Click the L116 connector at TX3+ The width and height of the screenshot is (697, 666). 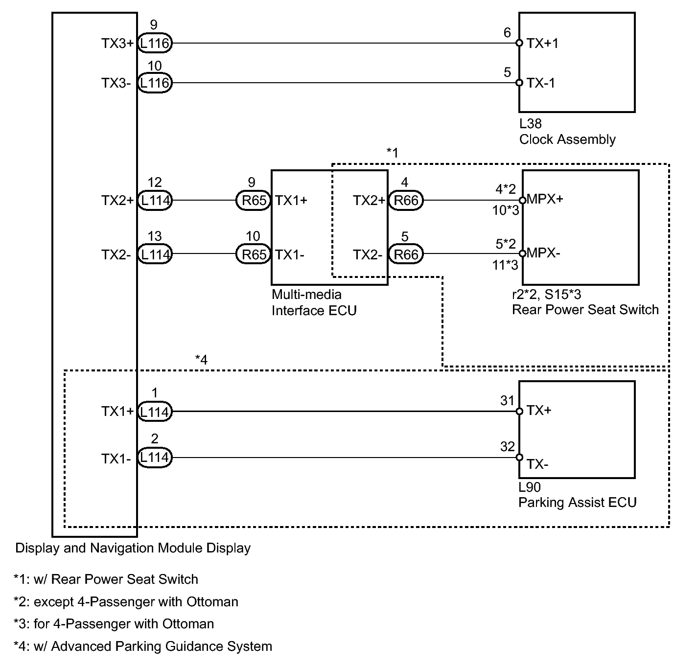point(155,43)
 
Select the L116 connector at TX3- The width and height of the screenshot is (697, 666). point(155,83)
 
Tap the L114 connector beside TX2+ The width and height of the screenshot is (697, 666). point(155,200)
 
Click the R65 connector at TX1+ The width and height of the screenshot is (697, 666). point(253,200)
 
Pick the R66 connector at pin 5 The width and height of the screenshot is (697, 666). point(406,254)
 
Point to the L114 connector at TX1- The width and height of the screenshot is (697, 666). point(155,457)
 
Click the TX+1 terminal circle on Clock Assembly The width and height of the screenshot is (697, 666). point(519,43)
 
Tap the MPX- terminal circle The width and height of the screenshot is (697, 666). point(523,253)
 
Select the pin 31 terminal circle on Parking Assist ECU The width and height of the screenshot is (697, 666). point(519,412)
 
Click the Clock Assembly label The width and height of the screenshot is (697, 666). point(567,139)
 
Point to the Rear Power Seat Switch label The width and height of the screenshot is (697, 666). point(585,310)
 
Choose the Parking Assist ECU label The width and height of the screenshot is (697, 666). point(578,503)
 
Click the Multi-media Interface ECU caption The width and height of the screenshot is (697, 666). point(314,302)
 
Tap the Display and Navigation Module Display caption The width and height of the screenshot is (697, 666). point(133,548)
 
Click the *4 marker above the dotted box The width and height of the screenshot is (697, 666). point(201,360)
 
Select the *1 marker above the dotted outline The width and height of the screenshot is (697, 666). point(393,153)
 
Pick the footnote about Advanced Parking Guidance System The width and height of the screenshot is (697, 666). point(143,646)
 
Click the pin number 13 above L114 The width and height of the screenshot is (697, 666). point(155,236)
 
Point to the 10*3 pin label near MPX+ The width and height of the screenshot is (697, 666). point(506,210)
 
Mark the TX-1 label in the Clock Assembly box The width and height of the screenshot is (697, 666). point(541,83)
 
